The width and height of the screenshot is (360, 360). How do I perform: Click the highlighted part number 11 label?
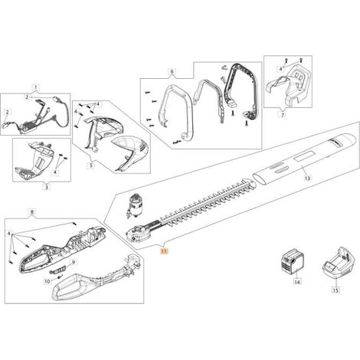[x=163, y=251]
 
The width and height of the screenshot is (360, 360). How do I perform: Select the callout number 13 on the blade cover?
[x=307, y=178]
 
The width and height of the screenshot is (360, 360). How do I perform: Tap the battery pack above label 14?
[x=292, y=263]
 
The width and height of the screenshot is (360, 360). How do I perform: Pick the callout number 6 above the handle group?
[x=172, y=72]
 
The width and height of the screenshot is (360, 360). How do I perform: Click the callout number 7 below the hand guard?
[x=283, y=115]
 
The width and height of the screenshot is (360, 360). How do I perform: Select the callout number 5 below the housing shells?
[x=91, y=165]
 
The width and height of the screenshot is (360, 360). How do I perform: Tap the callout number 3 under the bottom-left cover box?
[x=46, y=188]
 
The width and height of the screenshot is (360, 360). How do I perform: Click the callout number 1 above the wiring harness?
[x=36, y=87]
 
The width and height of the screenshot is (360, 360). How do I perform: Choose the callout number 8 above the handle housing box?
[x=31, y=212]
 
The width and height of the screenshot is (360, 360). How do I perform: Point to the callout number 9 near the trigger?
[x=74, y=262]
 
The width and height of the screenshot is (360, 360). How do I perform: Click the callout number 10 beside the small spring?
[x=47, y=281]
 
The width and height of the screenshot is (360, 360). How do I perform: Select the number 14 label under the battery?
[x=297, y=282]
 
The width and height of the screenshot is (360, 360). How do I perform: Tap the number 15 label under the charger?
[x=335, y=290]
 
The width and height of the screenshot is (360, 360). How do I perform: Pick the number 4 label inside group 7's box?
[x=280, y=69]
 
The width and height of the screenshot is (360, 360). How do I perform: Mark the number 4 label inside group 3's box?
[x=55, y=172]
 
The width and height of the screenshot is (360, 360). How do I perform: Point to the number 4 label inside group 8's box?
[x=9, y=234]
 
